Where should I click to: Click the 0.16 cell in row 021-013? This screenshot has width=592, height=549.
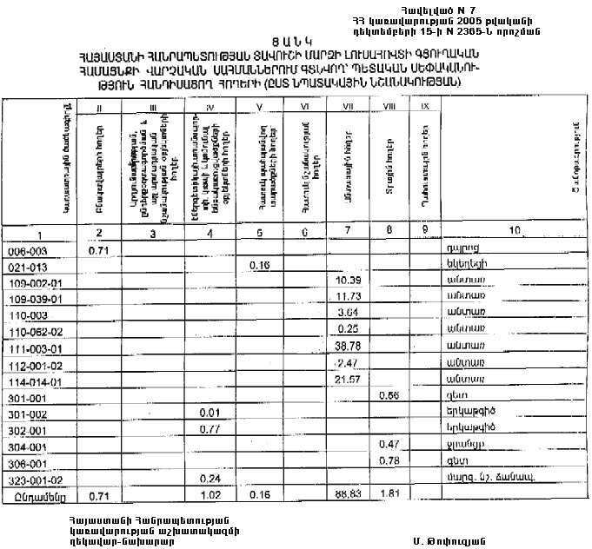point(261,265)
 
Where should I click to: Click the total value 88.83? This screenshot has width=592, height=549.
point(348,495)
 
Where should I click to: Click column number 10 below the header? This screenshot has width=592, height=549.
point(516,231)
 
